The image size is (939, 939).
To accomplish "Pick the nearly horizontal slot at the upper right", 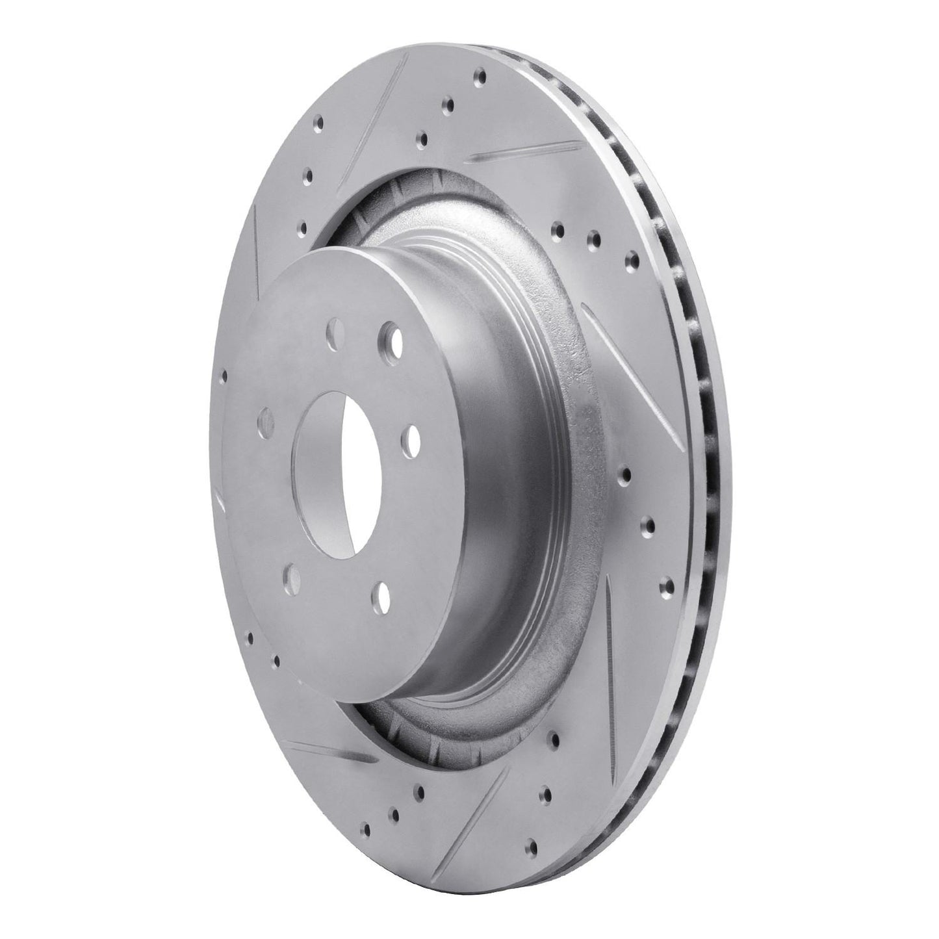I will (x=517, y=152).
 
